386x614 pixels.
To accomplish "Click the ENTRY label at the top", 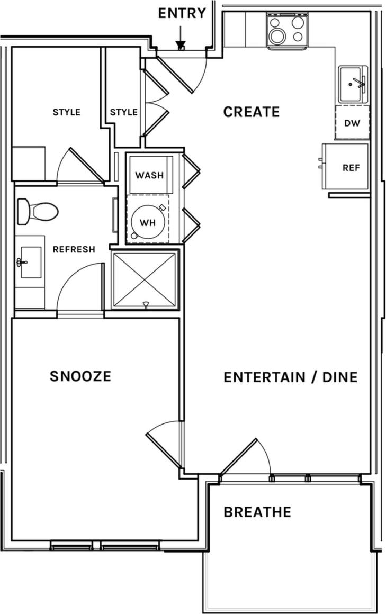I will [x=182, y=13].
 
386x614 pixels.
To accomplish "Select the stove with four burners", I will [x=287, y=31].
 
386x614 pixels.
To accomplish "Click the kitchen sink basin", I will [x=353, y=85].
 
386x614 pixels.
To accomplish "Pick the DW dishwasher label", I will [x=352, y=123].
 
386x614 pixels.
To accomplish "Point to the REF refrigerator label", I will [x=351, y=168].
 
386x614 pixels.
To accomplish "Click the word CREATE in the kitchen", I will [x=251, y=112].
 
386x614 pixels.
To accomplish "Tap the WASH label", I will [x=149, y=175].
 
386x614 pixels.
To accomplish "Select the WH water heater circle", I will [x=147, y=222].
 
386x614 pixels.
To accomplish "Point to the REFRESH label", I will [x=74, y=249].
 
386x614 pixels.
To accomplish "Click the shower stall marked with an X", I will [x=145, y=280].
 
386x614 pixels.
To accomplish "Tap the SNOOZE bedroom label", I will [x=80, y=376].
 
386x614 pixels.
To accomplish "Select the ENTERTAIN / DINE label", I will [x=291, y=377].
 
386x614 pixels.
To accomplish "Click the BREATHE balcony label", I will [x=257, y=512].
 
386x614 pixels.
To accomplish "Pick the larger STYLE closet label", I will [x=67, y=112].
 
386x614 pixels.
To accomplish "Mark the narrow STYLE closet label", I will [x=124, y=112].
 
